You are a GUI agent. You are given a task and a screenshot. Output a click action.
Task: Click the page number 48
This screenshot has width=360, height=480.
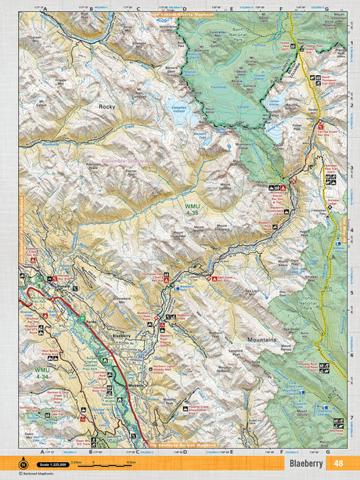338,463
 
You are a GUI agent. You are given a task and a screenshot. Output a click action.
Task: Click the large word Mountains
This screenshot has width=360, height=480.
247,341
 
